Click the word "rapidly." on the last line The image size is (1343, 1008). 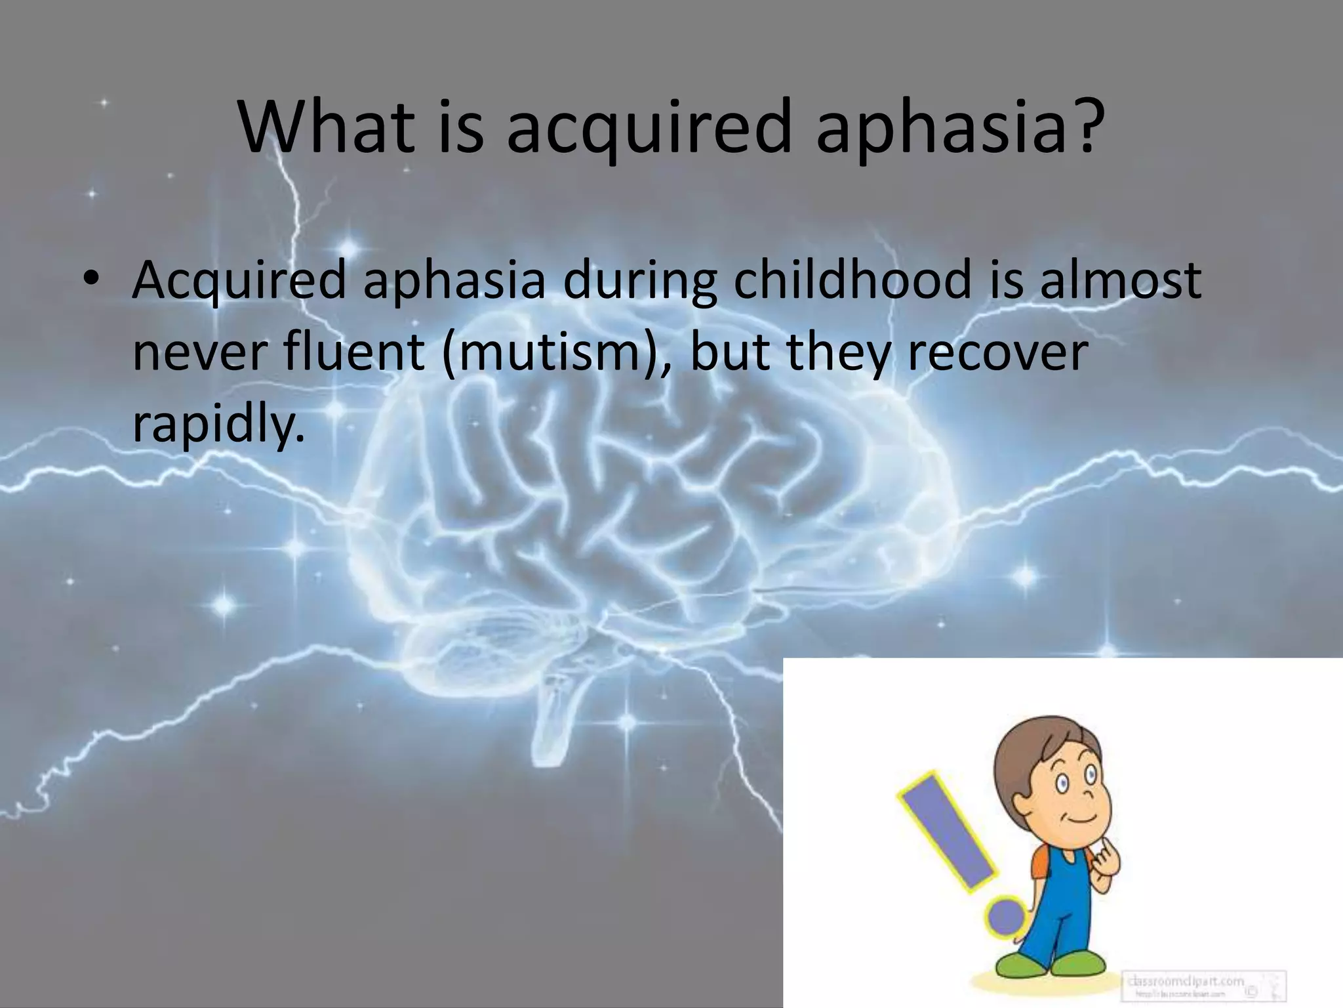(219, 425)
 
